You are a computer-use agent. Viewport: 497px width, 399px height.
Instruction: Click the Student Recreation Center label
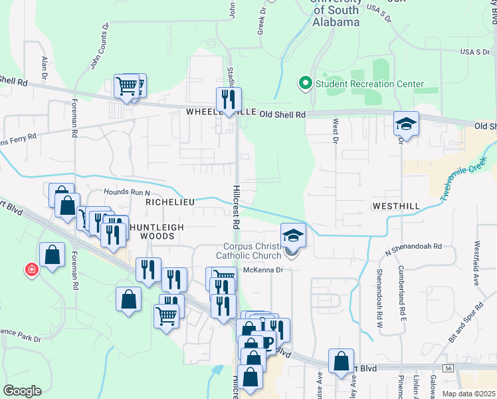tap(369, 84)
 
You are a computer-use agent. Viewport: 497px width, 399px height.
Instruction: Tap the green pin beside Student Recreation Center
tap(306, 84)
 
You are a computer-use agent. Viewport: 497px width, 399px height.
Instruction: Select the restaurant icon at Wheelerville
tap(229, 100)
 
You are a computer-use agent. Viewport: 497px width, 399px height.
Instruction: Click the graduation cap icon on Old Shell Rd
tap(406, 124)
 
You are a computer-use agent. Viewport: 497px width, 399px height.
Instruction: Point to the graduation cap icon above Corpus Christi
tap(293, 235)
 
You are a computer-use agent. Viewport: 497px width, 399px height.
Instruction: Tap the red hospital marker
tap(31, 269)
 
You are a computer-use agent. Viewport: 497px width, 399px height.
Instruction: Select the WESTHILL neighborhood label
tap(396, 207)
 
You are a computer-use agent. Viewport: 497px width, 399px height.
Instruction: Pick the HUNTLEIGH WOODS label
tap(157, 231)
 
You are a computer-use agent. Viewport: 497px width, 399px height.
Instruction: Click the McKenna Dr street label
tap(263, 270)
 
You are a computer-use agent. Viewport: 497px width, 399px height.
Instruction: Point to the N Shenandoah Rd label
tap(414, 247)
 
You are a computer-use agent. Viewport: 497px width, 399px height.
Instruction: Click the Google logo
tap(23, 391)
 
